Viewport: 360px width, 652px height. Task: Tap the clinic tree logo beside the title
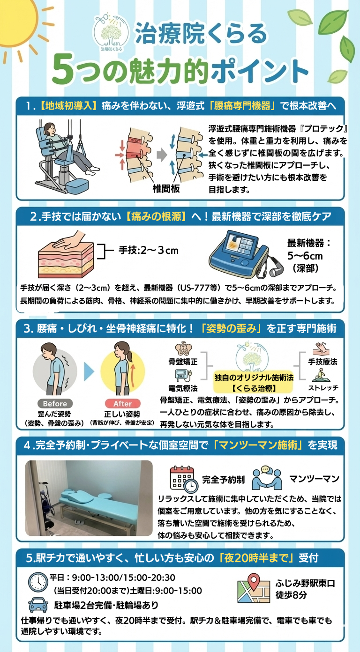pyautogui.click(x=111, y=33)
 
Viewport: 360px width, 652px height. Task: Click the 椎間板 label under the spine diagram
pyautogui.click(x=166, y=189)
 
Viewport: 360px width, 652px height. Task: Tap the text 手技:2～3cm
pyautogui.click(x=149, y=250)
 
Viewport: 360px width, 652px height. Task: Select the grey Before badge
pyautogui.click(x=55, y=403)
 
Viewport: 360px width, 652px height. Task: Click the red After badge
pyautogui.click(x=123, y=403)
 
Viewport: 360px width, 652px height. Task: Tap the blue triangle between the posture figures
pyautogui.click(x=89, y=371)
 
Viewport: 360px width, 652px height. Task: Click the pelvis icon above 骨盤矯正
pyautogui.click(x=183, y=348)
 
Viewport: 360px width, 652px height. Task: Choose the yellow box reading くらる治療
pyautogui.click(x=254, y=382)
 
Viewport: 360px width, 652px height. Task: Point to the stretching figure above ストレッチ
pyautogui.click(x=321, y=375)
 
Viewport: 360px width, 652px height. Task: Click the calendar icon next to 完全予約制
pyautogui.click(x=183, y=479)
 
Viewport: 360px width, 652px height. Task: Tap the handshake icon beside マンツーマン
pyautogui.click(x=267, y=478)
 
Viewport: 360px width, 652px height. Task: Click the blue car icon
pyautogui.click(x=38, y=605)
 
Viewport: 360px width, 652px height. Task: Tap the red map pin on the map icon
pyautogui.click(x=254, y=581)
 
